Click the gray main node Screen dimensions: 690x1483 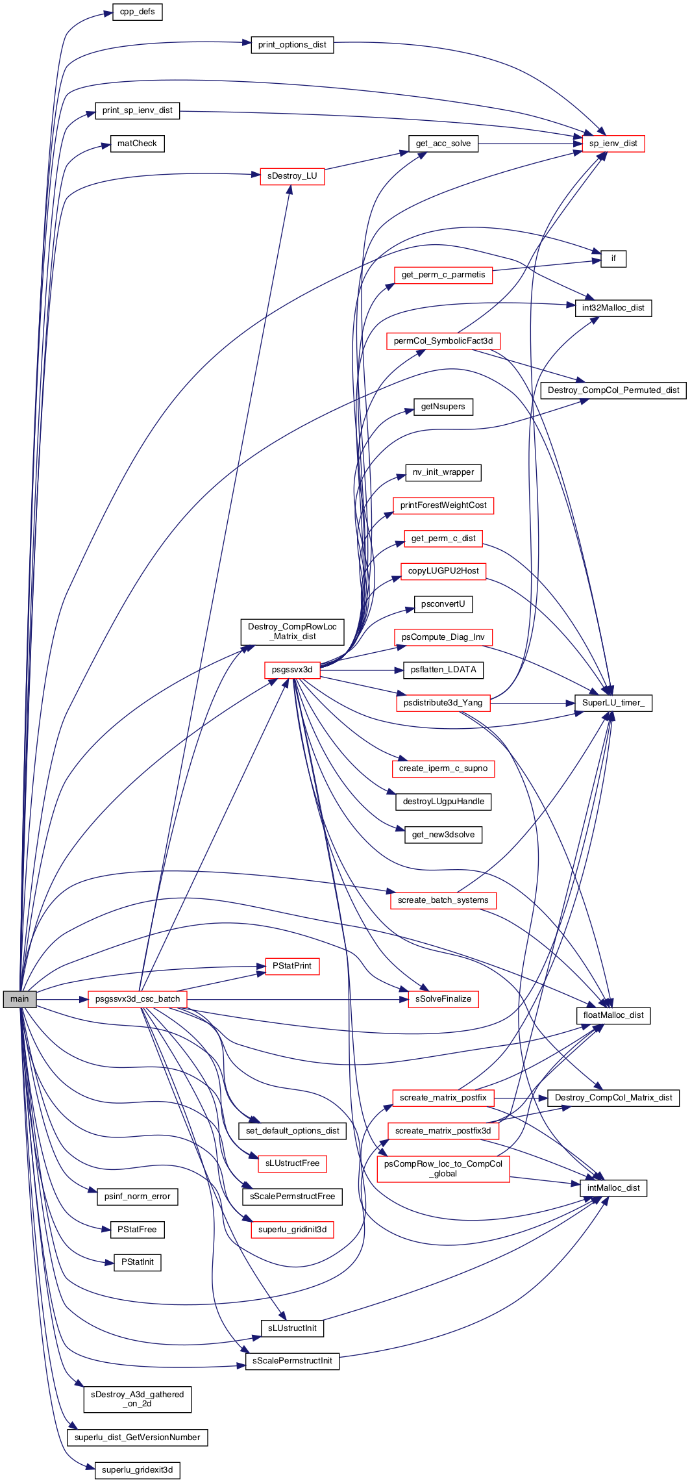(19, 999)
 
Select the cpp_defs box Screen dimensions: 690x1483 (138, 12)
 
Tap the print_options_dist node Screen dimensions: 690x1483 (292, 45)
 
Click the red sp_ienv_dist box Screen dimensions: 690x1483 (613, 144)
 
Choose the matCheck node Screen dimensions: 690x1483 (137, 144)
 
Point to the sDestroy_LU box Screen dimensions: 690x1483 (292, 176)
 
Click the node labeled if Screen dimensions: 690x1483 (613, 259)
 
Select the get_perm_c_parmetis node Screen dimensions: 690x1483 (443, 275)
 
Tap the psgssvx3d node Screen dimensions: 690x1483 (292, 670)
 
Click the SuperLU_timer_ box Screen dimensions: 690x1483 (613, 703)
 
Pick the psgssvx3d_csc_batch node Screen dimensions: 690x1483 (138, 999)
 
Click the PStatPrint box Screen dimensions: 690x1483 (292, 966)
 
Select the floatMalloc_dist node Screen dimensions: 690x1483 (613, 1015)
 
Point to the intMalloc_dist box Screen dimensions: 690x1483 (613, 1188)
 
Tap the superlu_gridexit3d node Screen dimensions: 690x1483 (138, 1470)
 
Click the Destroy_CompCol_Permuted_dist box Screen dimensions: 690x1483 (613, 390)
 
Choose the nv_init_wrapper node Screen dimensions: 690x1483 (443, 472)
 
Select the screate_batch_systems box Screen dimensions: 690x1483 (443, 900)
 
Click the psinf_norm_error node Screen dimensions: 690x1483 (138, 1197)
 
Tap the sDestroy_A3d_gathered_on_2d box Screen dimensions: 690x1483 (138, 1399)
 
